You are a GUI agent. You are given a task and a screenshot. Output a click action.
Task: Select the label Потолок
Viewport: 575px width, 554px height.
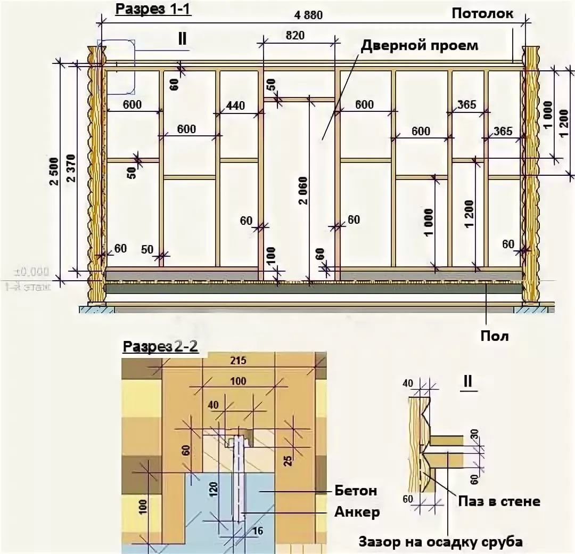pyautogui.click(x=482, y=13)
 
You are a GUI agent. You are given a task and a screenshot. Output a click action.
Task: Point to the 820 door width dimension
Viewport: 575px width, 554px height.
pyautogui.click(x=294, y=36)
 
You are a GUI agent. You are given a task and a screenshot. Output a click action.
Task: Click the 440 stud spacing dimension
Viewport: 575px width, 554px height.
pyautogui.click(x=235, y=105)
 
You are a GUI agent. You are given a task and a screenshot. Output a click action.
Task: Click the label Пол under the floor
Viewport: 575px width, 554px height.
pyautogui.click(x=494, y=336)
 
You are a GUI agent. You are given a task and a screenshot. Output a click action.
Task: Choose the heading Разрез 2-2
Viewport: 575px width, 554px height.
pyautogui.click(x=161, y=347)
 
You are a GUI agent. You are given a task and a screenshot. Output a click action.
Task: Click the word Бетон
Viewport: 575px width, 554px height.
pyautogui.click(x=356, y=490)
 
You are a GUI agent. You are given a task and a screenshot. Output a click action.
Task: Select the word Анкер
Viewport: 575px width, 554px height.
pyautogui.click(x=357, y=512)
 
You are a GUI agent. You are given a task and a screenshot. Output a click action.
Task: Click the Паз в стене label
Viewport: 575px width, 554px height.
pyautogui.click(x=500, y=501)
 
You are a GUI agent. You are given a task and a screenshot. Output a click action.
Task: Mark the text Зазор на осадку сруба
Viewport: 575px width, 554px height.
pyautogui.click(x=440, y=542)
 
